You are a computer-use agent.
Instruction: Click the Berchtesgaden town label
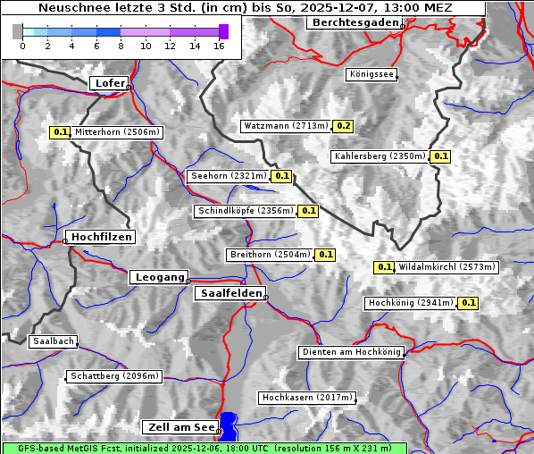(x=354, y=22)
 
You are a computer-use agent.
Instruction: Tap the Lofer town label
(x=109, y=83)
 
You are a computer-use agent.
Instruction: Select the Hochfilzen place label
(x=101, y=237)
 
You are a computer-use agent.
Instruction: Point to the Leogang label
(x=160, y=277)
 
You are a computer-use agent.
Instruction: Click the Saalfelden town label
(x=229, y=293)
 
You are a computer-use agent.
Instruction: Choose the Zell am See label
(x=179, y=427)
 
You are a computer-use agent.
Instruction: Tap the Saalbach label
(x=53, y=341)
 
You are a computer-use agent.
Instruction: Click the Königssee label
(x=371, y=75)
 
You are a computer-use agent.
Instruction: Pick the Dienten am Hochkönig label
(x=351, y=353)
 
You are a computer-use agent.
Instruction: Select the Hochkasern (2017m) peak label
(x=306, y=398)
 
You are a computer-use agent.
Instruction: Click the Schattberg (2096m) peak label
(x=114, y=376)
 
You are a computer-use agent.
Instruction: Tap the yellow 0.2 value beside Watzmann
(x=344, y=126)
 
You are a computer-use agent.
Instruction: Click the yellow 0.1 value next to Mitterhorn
(x=60, y=132)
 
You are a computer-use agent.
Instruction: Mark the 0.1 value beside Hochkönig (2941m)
(x=469, y=303)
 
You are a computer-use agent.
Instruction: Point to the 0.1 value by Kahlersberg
(x=440, y=156)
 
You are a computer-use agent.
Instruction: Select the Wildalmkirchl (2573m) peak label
(x=446, y=267)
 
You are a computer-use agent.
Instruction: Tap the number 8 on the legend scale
(x=121, y=45)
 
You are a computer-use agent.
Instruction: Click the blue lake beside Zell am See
(x=229, y=425)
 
